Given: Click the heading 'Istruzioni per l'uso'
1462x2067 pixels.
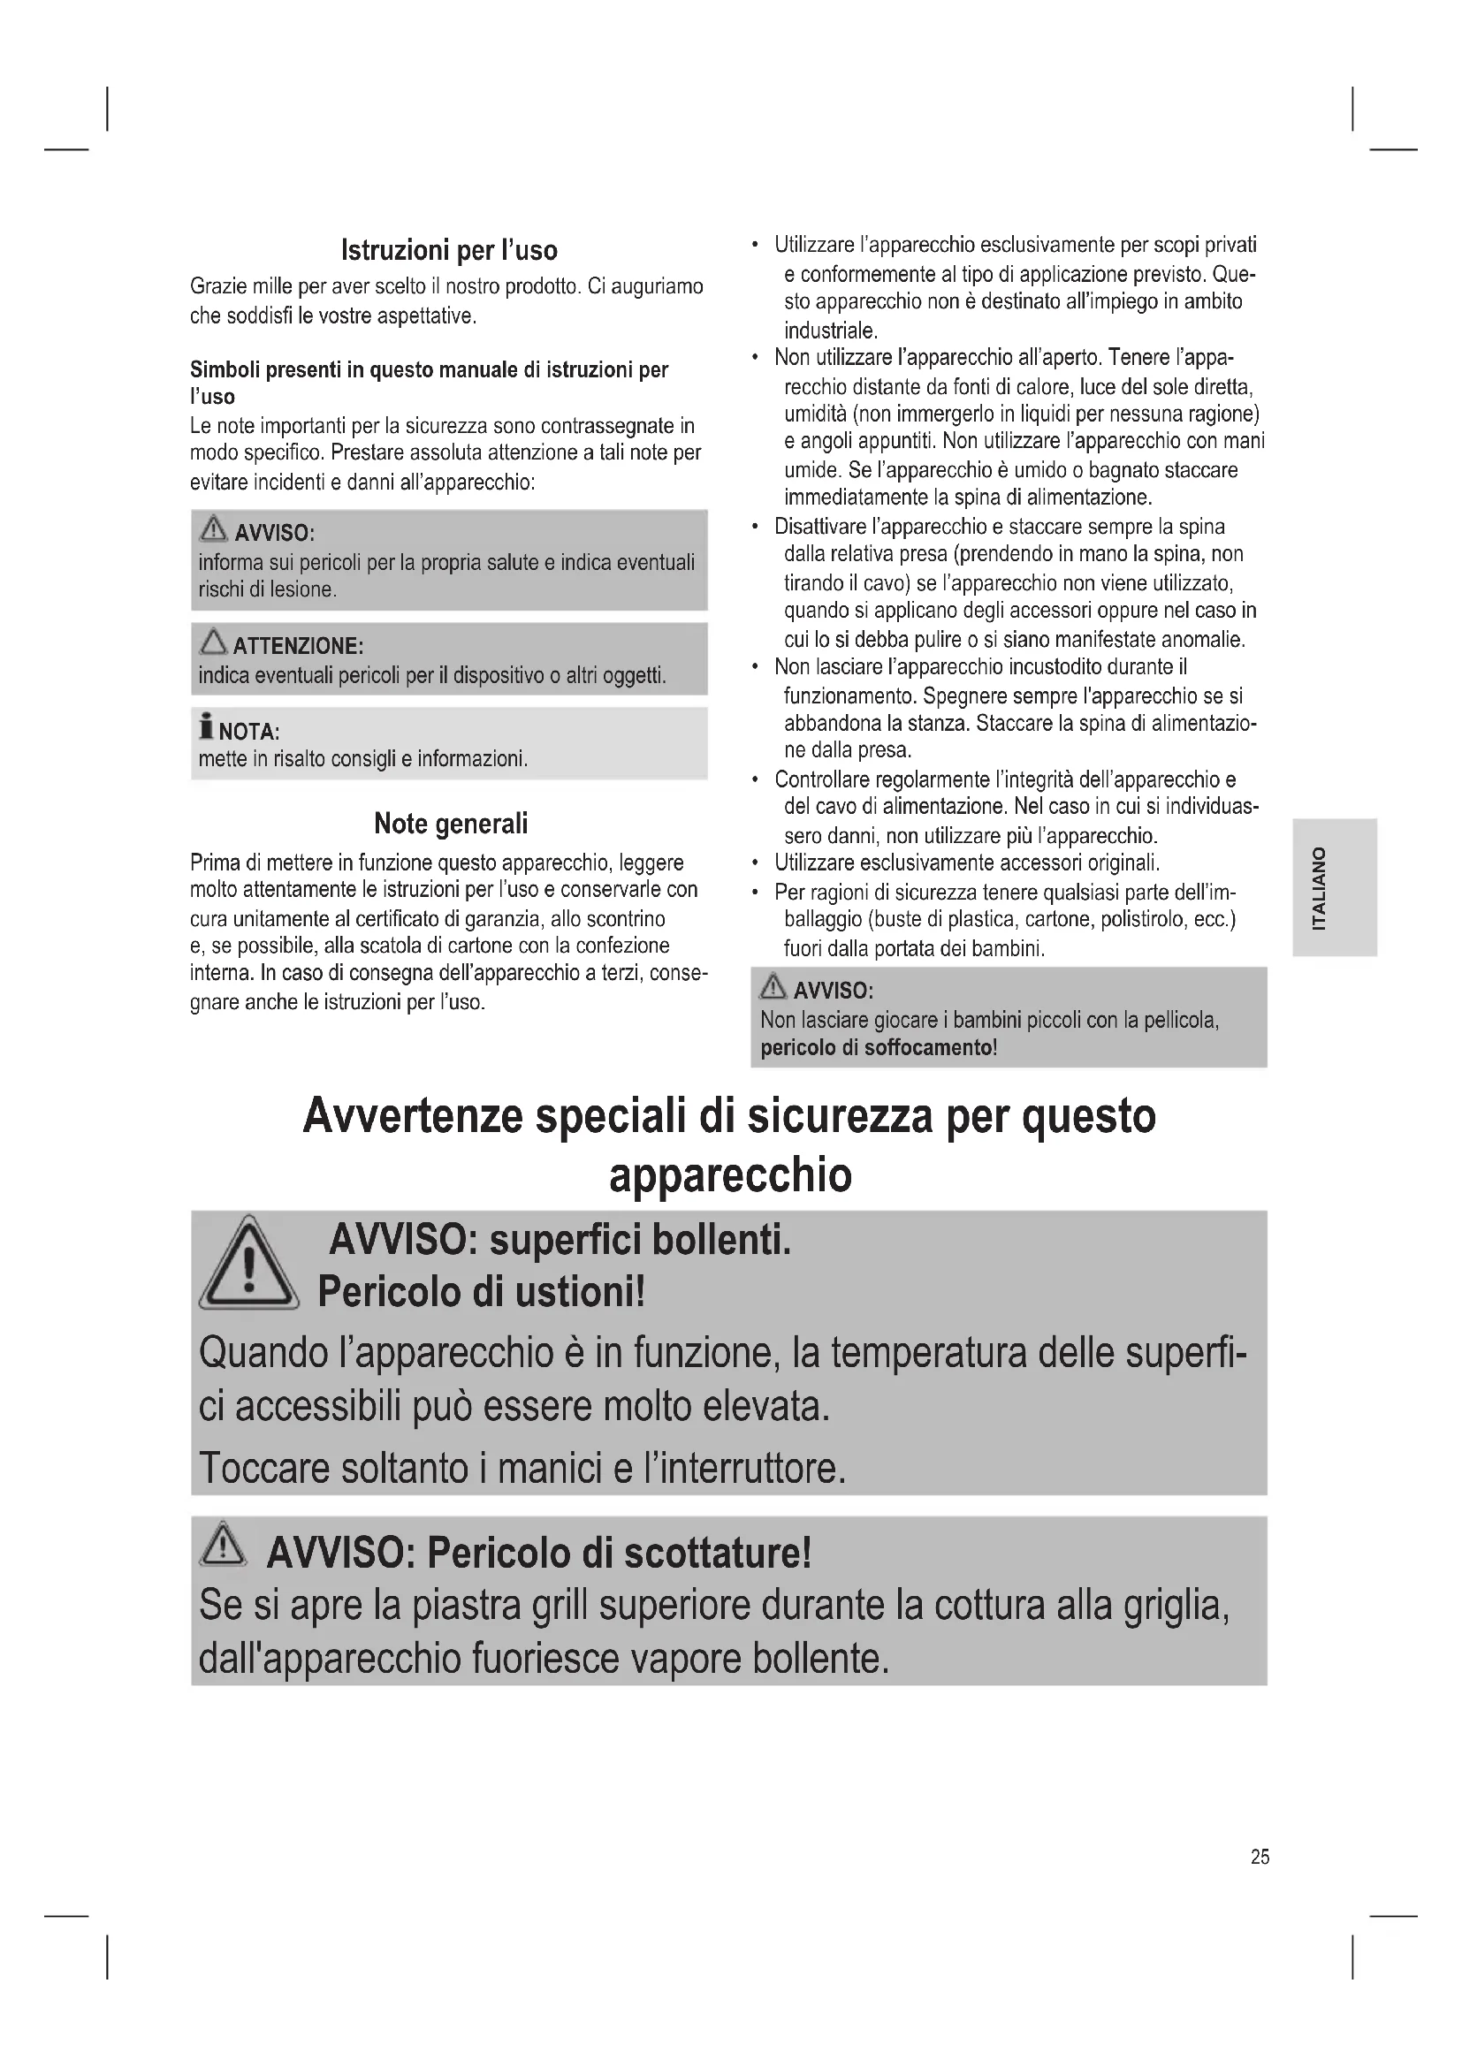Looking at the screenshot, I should click(x=449, y=250).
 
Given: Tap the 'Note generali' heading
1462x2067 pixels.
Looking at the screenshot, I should click(x=450, y=823).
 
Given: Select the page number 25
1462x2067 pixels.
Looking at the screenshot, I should click(x=1260, y=1857).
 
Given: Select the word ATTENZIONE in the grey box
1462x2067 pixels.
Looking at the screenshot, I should click(x=297, y=646).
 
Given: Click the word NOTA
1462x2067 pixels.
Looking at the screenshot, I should click(x=248, y=731).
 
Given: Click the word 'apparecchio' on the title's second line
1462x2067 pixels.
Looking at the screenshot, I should click(x=730, y=1174).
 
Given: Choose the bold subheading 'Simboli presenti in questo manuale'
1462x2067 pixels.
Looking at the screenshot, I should click(x=429, y=370).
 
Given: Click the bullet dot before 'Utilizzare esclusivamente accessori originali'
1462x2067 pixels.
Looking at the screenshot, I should click(x=754, y=863).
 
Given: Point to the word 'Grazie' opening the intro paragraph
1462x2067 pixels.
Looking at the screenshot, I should click(x=215, y=287).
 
